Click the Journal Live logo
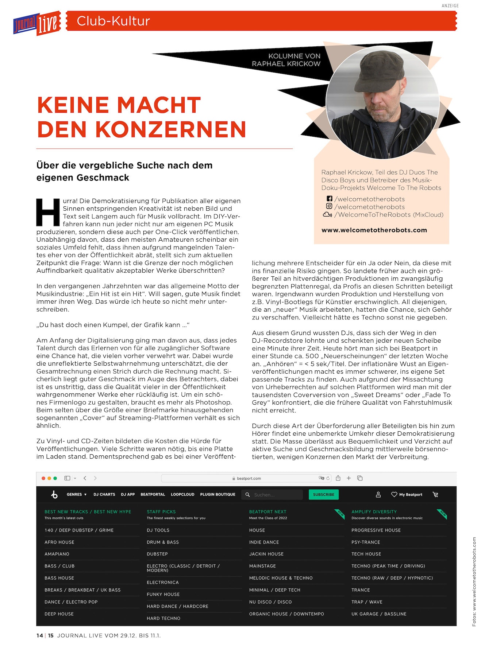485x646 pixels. [36, 23]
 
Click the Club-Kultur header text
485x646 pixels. [113, 21]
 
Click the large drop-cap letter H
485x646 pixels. [48, 212]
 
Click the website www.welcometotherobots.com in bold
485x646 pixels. [374, 230]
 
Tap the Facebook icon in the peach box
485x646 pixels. [329, 199]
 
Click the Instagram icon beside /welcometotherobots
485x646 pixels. [329, 206]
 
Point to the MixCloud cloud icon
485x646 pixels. [327, 214]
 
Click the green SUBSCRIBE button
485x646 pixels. [323, 494]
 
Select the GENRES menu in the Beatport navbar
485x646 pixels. [76, 494]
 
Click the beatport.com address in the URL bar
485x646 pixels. [249, 478]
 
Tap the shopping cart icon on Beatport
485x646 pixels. [435, 494]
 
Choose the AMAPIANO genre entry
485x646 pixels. [57, 554]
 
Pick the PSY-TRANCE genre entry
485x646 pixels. [366, 542]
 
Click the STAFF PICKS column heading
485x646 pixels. [161, 511]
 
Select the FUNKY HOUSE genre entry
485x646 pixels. [163, 594]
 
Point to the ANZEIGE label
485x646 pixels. [450, 6]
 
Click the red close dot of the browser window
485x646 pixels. [43, 478]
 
